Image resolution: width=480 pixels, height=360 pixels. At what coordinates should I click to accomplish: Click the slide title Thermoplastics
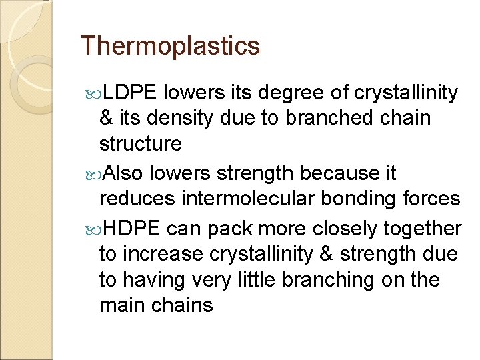click(x=169, y=46)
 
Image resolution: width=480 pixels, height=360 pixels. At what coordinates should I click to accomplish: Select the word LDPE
click(x=131, y=93)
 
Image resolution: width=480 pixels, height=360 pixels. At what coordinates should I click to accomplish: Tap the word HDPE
click(x=131, y=229)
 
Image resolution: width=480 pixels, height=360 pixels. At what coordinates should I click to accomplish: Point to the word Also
click(x=125, y=174)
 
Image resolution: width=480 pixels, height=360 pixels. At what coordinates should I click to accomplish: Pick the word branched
click(x=325, y=118)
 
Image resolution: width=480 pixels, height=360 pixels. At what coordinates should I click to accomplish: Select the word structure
click(x=140, y=144)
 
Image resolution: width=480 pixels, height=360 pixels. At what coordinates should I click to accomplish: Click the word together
click(x=423, y=229)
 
